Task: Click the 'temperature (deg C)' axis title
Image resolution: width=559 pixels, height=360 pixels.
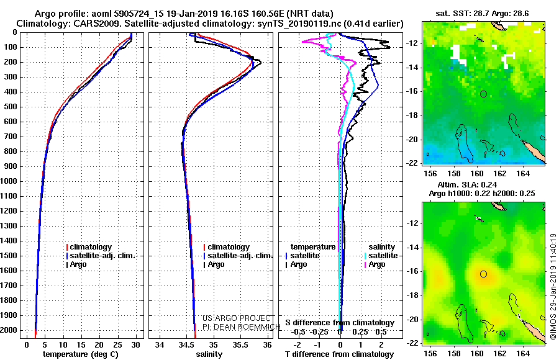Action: pyautogui.click(x=81, y=354)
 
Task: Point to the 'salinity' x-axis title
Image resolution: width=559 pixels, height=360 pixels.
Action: pyautogui.click(x=209, y=354)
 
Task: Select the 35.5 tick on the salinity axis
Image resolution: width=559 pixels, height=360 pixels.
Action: pyautogui.click(x=240, y=345)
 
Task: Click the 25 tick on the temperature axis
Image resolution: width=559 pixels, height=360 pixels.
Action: pyautogui.click(x=117, y=345)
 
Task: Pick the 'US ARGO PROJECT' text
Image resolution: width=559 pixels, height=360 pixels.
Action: pyautogui.click(x=237, y=318)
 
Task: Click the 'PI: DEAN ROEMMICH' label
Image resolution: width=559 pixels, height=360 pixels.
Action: pyautogui.click(x=242, y=327)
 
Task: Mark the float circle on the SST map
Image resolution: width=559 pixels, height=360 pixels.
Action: pyautogui.click(x=483, y=94)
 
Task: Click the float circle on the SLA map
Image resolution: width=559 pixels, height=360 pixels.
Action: pyautogui.click(x=483, y=274)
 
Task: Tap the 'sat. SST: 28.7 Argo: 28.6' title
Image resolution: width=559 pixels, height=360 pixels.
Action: pyautogui.click(x=482, y=14)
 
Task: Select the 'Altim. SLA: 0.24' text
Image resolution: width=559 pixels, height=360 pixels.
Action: pyautogui.click(x=467, y=184)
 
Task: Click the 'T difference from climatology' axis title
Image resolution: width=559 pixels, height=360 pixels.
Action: pyautogui.click(x=339, y=354)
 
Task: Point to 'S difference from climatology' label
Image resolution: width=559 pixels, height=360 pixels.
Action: pyautogui.click(x=340, y=323)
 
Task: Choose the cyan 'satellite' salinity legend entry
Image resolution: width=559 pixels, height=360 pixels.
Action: pyautogui.click(x=383, y=256)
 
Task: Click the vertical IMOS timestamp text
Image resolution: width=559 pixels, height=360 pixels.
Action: pyautogui.click(x=553, y=286)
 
